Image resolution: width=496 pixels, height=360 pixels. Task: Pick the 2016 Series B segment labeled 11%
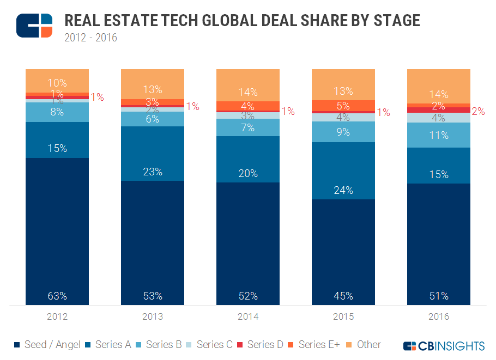(439, 135)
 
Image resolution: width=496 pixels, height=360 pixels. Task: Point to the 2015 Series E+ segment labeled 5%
(343, 106)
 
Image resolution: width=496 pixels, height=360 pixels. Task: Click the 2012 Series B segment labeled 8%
(57, 112)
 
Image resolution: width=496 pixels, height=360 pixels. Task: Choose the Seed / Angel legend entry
(46, 345)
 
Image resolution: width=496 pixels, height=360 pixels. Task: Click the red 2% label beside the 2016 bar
(479, 111)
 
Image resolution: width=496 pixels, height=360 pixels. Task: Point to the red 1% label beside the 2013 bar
(192, 107)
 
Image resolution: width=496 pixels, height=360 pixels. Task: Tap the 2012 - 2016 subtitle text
(90, 38)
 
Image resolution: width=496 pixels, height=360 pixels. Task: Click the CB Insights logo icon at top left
(34, 26)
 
